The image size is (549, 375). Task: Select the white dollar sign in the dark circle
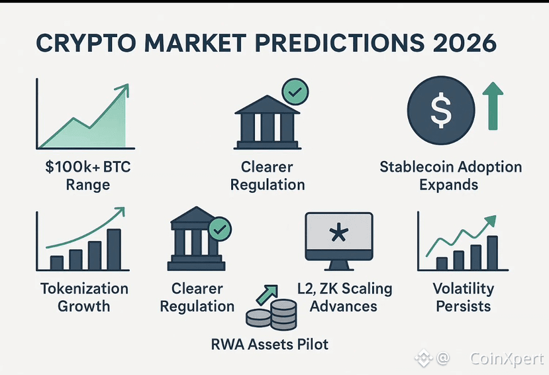tap(441, 110)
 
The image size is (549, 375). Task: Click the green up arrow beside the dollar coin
tap(493, 106)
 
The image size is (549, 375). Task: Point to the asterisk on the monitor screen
tap(339, 233)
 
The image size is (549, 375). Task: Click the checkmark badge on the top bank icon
tap(295, 91)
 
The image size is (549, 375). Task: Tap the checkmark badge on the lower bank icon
tap(220, 229)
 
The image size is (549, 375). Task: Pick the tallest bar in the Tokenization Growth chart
tap(114, 249)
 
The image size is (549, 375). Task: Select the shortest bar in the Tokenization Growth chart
tap(57, 263)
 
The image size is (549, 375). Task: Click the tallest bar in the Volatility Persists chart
tap(492, 253)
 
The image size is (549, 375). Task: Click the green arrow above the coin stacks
tap(267, 294)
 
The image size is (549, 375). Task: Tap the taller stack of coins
tap(283, 315)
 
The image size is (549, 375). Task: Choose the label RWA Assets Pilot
tap(270, 344)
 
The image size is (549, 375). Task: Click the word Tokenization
tap(84, 288)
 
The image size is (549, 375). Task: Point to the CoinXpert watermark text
tap(507, 358)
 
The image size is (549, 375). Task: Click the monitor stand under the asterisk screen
tap(338, 265)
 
